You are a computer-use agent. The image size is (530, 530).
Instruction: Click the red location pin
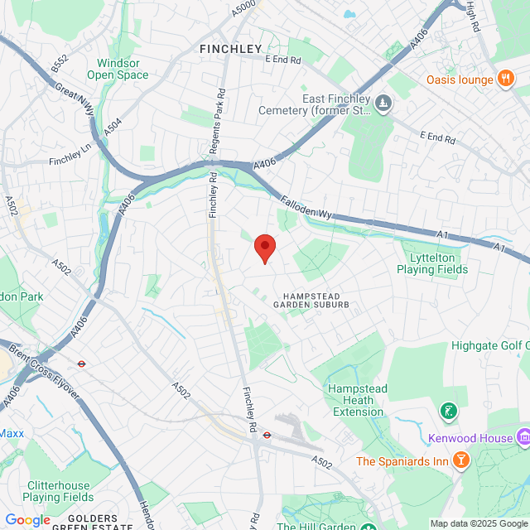tap(264, 247)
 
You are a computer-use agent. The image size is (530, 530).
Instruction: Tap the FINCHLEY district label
tap(230, 50)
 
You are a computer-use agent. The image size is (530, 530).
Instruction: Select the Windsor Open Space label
tap(123, 69)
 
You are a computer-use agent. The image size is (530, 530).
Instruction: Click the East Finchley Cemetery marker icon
tap(383, 103)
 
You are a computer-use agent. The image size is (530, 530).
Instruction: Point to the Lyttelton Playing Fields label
tap(432, 263)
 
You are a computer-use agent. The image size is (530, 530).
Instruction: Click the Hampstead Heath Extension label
tap(355, 399)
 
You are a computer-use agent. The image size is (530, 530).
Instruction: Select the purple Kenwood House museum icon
tap(523, 436)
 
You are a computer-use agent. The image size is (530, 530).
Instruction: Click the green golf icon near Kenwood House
tap(448, 410)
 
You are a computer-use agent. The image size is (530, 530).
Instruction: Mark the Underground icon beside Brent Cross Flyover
tap(81, 363)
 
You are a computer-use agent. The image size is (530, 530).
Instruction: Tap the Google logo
tap(27, 520)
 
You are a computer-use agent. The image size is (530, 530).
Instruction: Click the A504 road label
tap(113, 126)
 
